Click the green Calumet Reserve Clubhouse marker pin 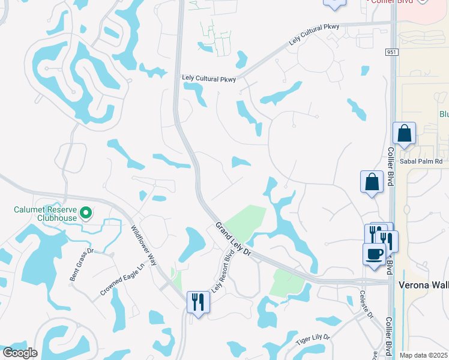point(86,212)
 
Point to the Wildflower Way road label point(143,245)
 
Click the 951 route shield point(390,53)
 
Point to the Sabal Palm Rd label point(421,161)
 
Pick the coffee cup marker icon point(374,253)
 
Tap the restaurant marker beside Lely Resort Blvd point(198,301)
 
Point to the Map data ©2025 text point(423,355)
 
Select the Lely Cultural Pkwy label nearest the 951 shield point(314,35)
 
